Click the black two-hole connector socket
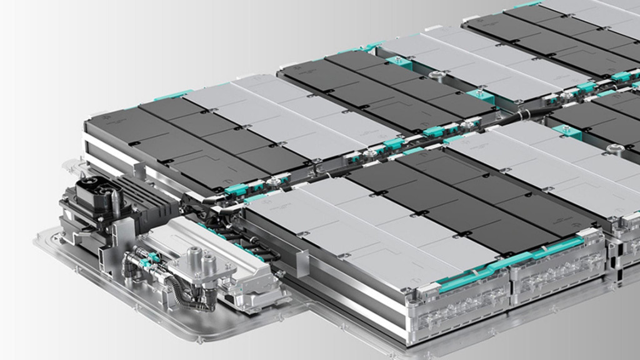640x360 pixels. [94, 187]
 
